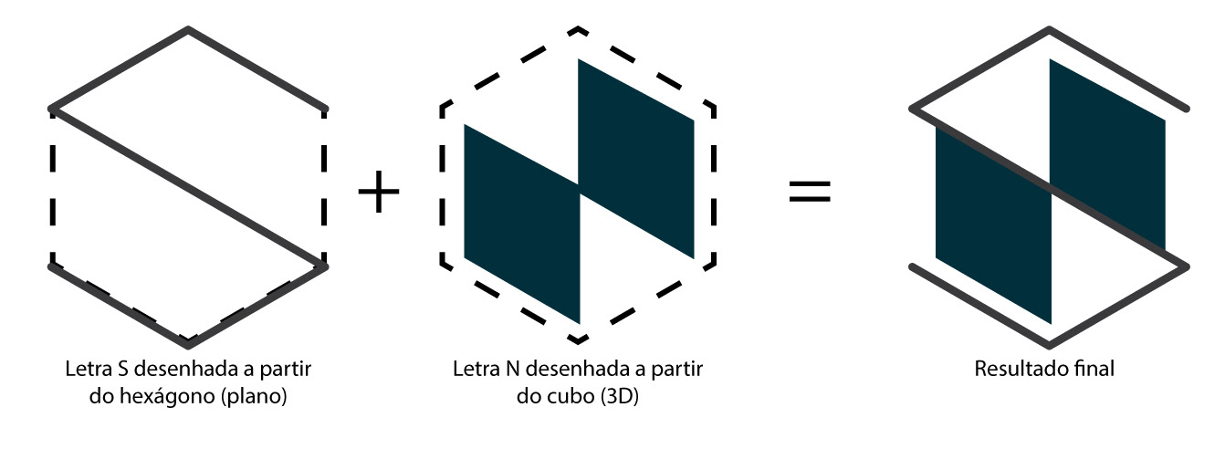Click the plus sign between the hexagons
point(379,193)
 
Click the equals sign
point(810,192)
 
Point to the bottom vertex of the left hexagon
point(188,345)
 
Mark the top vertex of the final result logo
point(1050,30)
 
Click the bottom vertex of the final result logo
point(1050,345)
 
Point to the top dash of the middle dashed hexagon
point(577,31)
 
